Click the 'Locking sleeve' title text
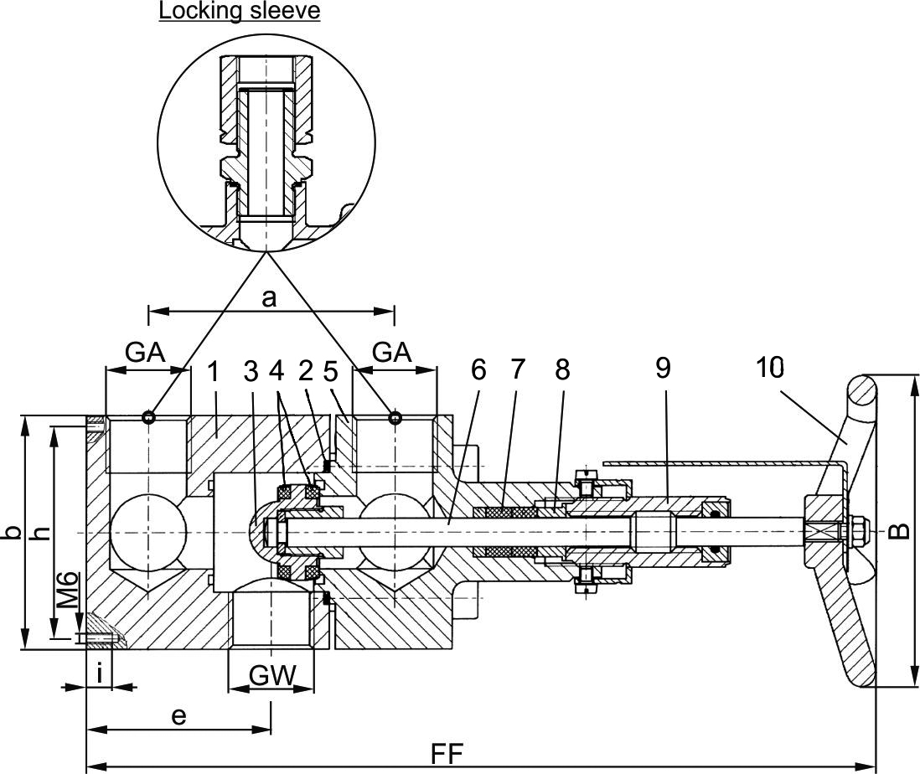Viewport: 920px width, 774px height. click(240, 12)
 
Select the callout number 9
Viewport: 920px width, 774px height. click(663, 369)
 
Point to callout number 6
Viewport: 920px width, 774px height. click(478, 369)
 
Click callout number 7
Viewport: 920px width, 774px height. click(518, 369)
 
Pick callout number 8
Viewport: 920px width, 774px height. click(561, 369)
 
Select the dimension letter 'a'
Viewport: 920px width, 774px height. click(269, 299)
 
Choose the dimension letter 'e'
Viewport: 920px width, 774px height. click(178, 716)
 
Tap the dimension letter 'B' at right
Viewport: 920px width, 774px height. click(899, 531)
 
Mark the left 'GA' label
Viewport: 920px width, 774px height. click(145, 353)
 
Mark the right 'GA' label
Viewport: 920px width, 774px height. click(392, 353)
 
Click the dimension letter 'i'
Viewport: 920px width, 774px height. click(100, 673)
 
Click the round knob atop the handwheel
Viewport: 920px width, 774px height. click(861, 390)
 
